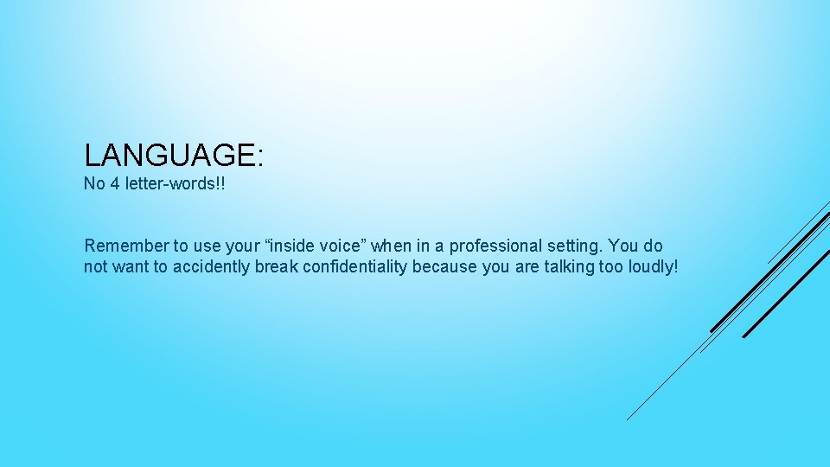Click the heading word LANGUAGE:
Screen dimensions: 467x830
coord(173,156)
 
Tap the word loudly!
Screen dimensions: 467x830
coord(652,267)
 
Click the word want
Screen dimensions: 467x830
coord(132,267)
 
